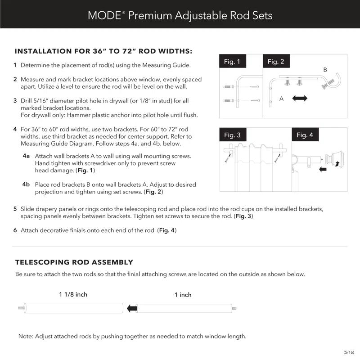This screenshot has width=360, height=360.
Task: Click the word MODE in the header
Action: pyautogui.click(x=103, y=15)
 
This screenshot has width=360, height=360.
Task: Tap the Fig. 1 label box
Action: pyautogui.click(x=232, y=62)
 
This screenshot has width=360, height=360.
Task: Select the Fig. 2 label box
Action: pyautogui.click(x=276, y=62)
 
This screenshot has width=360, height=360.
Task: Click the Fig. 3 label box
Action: pyautogui.click(x=232, y=135)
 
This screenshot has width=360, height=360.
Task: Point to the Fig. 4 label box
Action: pyautogui.click(x=305, y=135)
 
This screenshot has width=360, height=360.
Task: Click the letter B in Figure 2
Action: pyautogui.click(x=325, y=70)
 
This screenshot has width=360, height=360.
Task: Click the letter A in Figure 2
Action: pyautogui.click(x=281, y=99)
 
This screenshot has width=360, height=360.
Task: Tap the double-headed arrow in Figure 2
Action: pyautogui.click(x=300, y=98)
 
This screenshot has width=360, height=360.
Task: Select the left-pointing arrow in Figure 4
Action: pyautogui.click(x=322, y=170)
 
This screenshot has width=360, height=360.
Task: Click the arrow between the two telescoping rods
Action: pyautogui.click(x=132, y=309)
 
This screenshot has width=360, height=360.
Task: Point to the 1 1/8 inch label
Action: pyautogui.click(x=73, y=295)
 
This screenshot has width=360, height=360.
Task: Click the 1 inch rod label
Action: pyautogui.click(x=183, y=295)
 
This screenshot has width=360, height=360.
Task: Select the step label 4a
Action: pyautogui.click(x=26, y=156)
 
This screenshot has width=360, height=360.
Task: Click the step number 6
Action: pyautogui.click(x=15, y=230)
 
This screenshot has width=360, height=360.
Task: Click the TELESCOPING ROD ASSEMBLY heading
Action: pyautogui.click(x=74, y=262)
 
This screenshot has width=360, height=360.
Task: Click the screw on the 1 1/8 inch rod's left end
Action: pyautogui.click(x=21, y=309)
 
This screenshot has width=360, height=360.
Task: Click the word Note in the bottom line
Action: pyautogui.click(x=25, y=336)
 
